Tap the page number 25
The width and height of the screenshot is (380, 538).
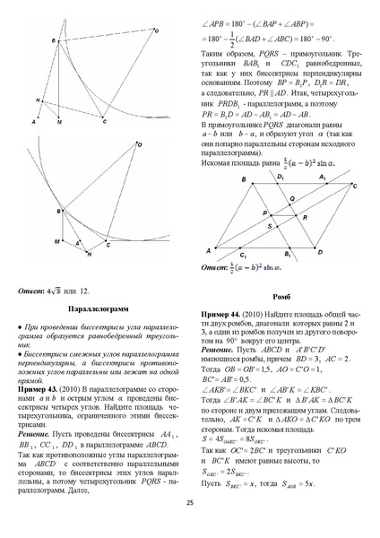pyautogui.click(x=190, y=526)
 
